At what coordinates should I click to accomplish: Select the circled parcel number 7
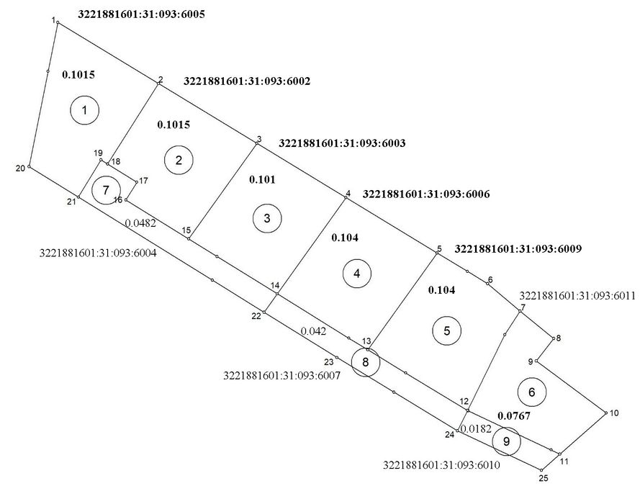coord(106,190)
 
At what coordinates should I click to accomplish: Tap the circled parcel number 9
coord(506,441)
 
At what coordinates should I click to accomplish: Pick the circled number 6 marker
coord(531,392)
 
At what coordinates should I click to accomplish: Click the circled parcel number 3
coord(267,219)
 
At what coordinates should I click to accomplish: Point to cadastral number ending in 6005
coord(139,14)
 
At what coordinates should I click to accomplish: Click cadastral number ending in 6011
coord(576,295)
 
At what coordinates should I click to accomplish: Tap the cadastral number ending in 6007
coord(281,375)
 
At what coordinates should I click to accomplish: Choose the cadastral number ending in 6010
coord(442,465)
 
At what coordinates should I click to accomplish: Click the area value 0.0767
coord(514,416)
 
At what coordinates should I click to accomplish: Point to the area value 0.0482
coord(140,223)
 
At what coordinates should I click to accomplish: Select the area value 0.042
coord(313,331)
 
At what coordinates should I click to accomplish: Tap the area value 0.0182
coord(475,429)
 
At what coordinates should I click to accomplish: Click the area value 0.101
coord(262,179)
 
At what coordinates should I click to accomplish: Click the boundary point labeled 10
coord(605,413)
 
